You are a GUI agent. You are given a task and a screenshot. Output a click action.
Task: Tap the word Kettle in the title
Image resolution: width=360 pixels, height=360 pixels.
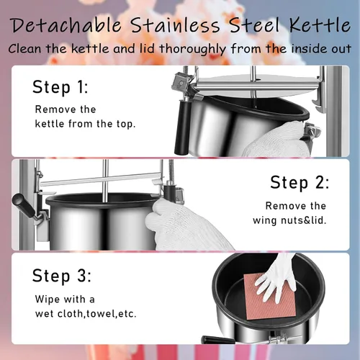[320, 24]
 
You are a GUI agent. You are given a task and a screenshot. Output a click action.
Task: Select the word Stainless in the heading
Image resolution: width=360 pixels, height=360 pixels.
[175, 24]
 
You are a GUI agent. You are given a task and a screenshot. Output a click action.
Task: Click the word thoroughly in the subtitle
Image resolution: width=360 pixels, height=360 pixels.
[193, 49]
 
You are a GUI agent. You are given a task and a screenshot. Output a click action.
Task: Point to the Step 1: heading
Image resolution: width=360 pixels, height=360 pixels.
[60, 86]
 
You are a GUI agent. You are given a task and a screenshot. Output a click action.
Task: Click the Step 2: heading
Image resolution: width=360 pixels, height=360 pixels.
[300, 182]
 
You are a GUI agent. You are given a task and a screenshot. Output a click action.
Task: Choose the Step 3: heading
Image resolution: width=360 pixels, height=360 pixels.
[62, 275]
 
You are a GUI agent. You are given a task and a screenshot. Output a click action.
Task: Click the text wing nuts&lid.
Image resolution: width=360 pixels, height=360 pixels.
[289, 220]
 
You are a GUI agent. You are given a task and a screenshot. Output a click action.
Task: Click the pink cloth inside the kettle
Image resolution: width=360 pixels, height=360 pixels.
[270, 297]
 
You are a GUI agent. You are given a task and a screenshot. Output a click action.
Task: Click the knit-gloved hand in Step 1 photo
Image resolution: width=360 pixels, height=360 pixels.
[276, 140]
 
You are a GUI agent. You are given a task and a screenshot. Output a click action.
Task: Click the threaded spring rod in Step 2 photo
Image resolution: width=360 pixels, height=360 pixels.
[171, 171]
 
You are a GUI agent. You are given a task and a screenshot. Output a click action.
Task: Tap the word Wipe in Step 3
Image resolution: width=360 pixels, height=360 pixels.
[48, 300]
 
